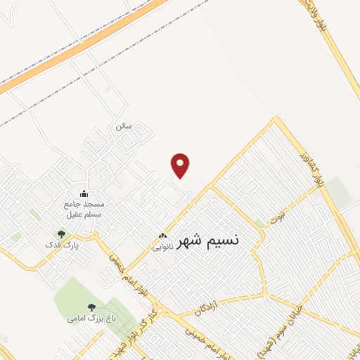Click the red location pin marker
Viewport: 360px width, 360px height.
181,165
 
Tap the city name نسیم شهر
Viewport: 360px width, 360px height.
207,240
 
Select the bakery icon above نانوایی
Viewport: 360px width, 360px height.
162,236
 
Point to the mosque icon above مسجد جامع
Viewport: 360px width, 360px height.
84,194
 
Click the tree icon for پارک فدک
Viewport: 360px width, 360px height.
61,234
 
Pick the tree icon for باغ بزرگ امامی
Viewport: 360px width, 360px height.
91,307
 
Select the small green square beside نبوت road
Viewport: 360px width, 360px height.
259,222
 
